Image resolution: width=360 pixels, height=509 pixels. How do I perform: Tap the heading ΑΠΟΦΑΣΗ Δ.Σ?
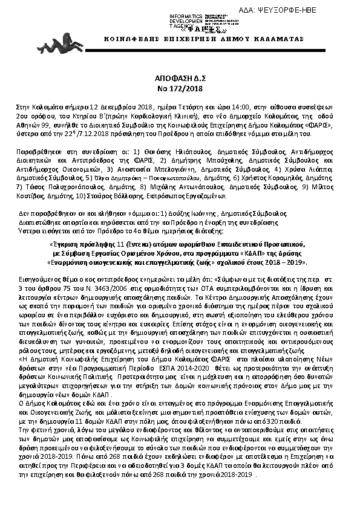pyautogui.click(x=179, y=79)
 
